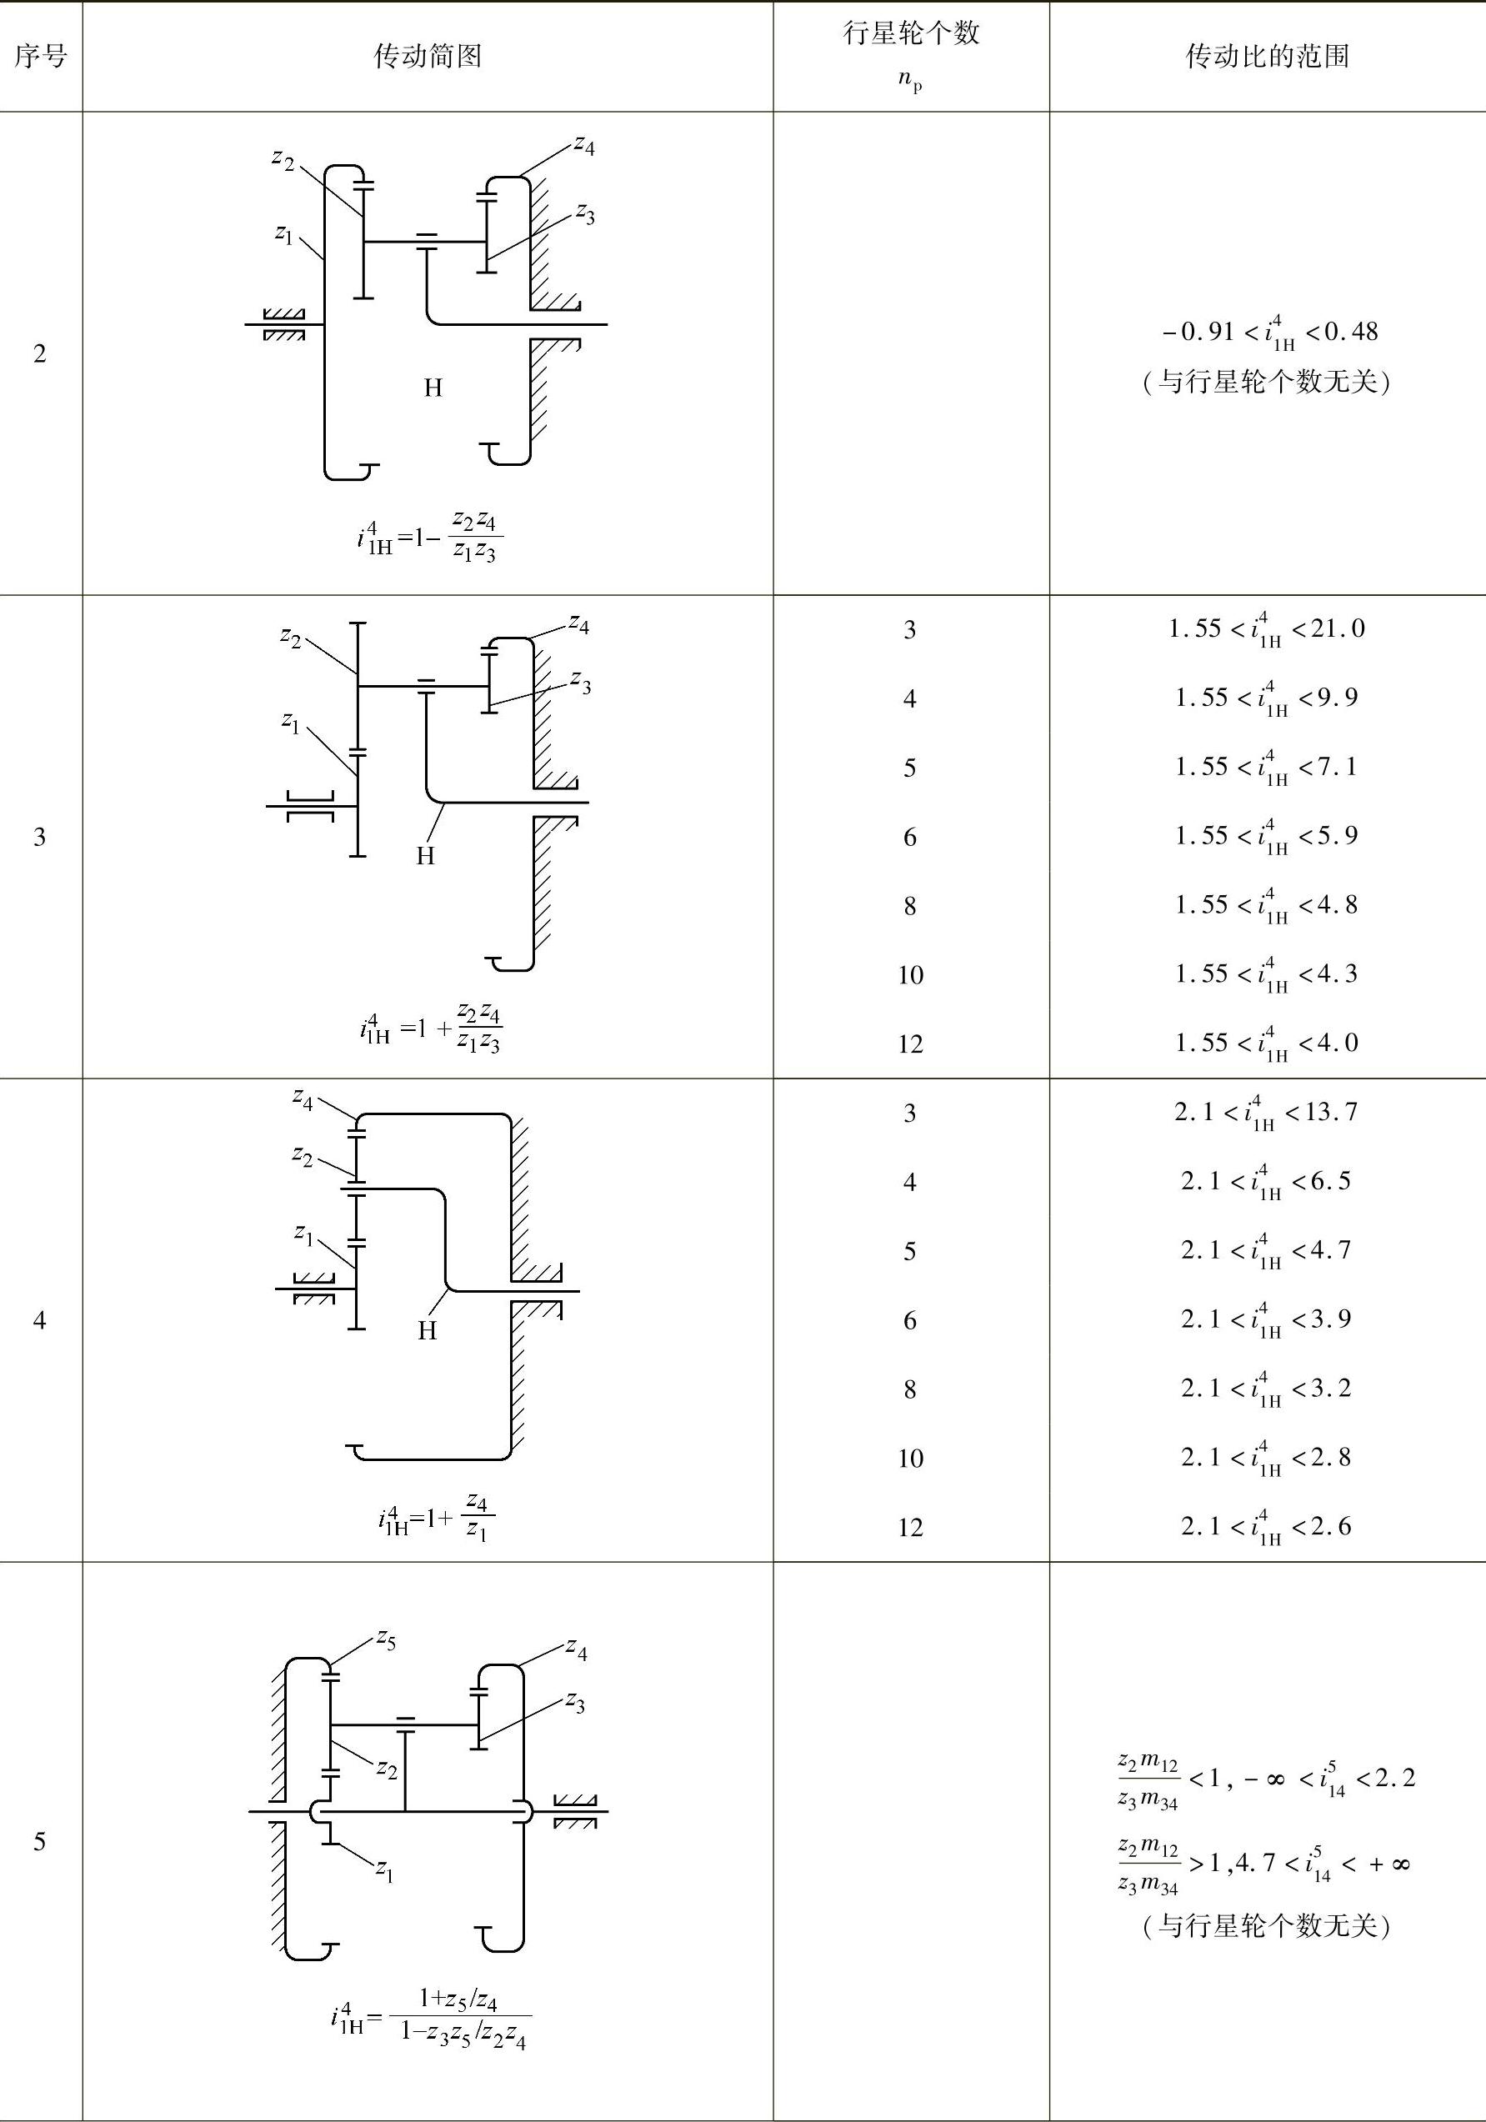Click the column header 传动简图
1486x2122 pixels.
pyautogui.click(x=427, y=57)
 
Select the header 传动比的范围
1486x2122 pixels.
pyautogui.click(x=1267, y=57)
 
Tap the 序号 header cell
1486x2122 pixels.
pyautogui.click(x=41, y=57)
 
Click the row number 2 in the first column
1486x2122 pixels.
pyautogui.click(x=40, y=354)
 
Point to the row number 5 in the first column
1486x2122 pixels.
pyautogui.click(x=40, y=1842)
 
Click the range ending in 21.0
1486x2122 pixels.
pyautogui.click(x=1266, y=630)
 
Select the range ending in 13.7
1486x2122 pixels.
pyautogui.click(x=1266, y=1113)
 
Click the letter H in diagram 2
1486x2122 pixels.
pyautogui.click(x=433, y=388)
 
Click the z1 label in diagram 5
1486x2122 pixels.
pyautogui.click(x=384, y=1871)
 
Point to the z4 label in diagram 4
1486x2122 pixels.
pyautogui.click(x=303, y=1098)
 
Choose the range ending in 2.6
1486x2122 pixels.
pyautogui.click(x=1266, y=1527)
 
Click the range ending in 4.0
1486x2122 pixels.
pyautogui.click(x=1266, y=1043)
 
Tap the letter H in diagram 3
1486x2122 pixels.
pyautogui.click(x=425, y=856)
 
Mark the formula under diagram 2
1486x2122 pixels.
pyautogui.click(x=430, y=537)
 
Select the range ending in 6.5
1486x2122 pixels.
pyautogui.click(x=1266, y=1182)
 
